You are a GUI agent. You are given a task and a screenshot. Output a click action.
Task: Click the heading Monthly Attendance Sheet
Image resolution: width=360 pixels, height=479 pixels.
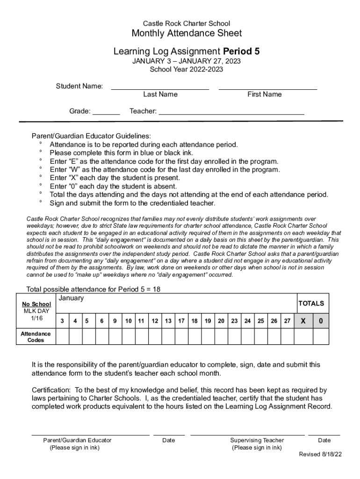[x=187, y=33]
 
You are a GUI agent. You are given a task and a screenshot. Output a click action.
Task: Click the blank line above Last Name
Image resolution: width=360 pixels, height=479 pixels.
[x=160, y=87]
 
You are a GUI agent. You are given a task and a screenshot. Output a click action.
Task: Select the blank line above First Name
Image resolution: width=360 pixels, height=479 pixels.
[x=267, y=87]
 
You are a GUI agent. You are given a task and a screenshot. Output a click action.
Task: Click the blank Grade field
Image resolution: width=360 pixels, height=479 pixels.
[x=106, y=113]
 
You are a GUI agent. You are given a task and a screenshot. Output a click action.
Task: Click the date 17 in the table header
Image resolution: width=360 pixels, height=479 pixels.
[x=181, y=321]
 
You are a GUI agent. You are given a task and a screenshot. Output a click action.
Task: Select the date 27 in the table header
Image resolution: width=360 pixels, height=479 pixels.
[x=287, y=321]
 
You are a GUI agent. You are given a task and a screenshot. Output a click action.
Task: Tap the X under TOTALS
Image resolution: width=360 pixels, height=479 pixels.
[x=303, y=321]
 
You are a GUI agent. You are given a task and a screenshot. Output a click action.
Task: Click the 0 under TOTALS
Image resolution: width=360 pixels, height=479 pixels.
[x=321, y=321]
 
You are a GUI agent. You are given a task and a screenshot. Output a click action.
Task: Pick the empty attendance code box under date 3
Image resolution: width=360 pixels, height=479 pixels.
[x=63, y=336]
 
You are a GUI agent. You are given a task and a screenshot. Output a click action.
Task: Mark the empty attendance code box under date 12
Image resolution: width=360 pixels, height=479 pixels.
[x=154, y=336]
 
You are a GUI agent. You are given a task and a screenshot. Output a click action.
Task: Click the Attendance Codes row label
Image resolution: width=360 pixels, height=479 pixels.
[x=36, y=337]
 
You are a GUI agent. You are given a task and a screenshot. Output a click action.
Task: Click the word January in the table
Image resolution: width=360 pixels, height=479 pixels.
[x=71, y=298]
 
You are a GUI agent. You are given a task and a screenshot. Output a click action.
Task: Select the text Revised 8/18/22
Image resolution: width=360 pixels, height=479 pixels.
[x=320, y=454]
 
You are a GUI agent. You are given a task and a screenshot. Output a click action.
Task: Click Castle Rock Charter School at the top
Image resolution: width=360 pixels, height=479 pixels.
[x=186, y=23]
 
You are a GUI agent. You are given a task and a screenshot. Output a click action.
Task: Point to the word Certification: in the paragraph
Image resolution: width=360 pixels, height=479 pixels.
[x=51, y=390]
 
